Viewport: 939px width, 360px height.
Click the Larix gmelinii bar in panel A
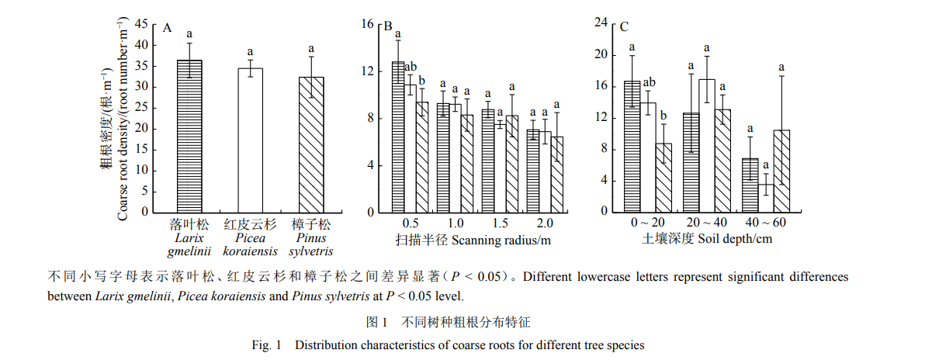point(189,136)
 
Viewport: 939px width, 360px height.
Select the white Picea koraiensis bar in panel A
point(250,140)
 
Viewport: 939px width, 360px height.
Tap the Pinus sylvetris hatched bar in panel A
point(311,144)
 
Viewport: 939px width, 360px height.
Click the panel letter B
point(388,26)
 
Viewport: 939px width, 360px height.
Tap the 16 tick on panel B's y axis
point(369,24)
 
